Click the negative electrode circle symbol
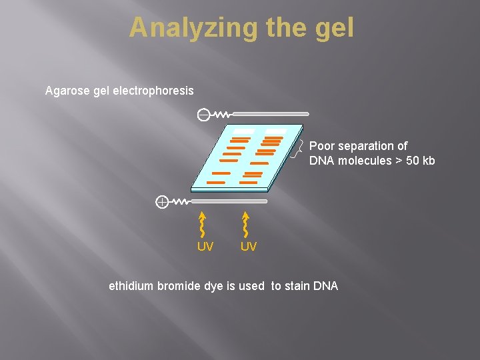(202, 115)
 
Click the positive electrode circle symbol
(161, 201)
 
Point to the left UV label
(205, 247)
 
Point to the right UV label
(248, 247)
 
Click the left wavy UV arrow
(203, 224)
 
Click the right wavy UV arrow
(246, 224)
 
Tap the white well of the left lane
(243, 131)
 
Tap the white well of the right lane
(275, 131)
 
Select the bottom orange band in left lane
(216, 182)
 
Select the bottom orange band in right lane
(248, 182)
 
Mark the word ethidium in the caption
(131, 286)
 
